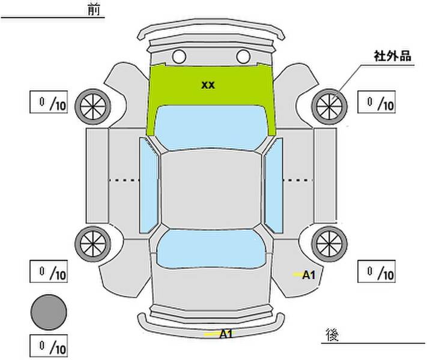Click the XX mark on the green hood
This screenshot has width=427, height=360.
[x=208, y=85]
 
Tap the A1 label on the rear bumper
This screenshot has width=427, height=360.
[x=226, y=334]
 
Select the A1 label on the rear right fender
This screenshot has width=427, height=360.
[x=309, y=275]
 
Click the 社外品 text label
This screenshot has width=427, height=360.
[x=392, y=56]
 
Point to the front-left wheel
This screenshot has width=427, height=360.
[x=93, y=107]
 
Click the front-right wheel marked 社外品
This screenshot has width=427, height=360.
[x=329, y=107]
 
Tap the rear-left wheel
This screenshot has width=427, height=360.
[x=93, y=244]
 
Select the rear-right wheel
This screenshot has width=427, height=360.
[x=329, y=244]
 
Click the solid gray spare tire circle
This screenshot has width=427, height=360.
[x=49, y=313]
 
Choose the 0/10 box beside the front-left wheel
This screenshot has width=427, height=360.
[x=49, y=102]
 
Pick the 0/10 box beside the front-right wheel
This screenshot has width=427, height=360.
[x=377, y=102]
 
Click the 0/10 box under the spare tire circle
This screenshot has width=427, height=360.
[x=49, y=346]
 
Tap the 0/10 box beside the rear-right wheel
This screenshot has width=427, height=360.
[x=377, y=271]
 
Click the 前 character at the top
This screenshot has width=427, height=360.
[x=94, y=10]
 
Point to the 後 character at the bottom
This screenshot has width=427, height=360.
[x=332, y=335]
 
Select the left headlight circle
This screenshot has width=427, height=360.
[x=179, y=57]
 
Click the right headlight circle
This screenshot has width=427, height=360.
[x=243, y=57]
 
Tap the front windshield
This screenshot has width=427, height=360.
[x=210, y=128]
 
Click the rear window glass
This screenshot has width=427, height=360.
[x=211, y=249]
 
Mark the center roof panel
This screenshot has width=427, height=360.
[x=211, y=190]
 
